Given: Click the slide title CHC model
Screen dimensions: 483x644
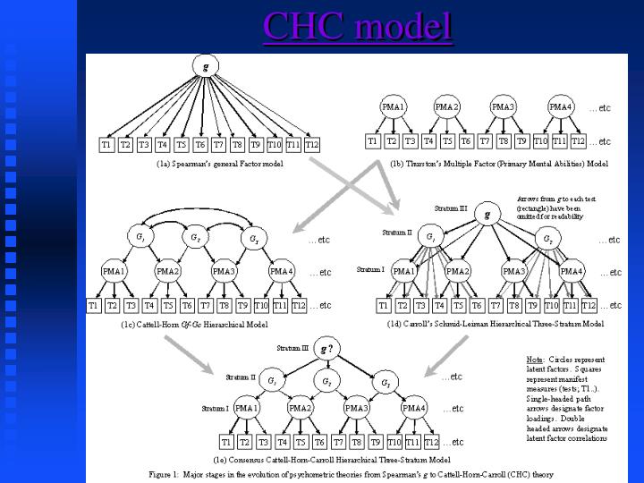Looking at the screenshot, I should click(x=358, y=27).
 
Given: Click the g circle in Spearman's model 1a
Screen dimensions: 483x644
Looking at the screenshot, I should click(x=207, y=67).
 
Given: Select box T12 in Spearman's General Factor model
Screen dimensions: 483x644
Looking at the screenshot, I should click(x=311, y=144).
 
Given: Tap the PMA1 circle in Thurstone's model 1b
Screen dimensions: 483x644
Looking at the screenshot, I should click(x=394, y=107).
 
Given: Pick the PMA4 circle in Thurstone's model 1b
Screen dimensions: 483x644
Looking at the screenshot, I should click(x=561, y=107).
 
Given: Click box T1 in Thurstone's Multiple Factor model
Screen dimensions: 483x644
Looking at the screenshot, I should click(x=373, y=140).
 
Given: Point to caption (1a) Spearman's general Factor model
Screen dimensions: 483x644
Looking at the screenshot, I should click(x=208, y=164).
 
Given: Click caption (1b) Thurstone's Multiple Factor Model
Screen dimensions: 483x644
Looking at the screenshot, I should click(x=499, y=164).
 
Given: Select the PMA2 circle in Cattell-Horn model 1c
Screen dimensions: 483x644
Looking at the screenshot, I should click(x=167, y=271).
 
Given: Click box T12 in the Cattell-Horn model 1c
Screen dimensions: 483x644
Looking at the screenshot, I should click(x=299, y=305).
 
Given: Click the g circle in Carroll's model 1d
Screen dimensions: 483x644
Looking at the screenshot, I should click(x=487, y=215).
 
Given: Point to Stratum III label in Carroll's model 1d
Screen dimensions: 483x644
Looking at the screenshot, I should click(x=451, y=208).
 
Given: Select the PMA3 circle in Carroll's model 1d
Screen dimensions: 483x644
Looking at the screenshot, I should click(x=514, y=271).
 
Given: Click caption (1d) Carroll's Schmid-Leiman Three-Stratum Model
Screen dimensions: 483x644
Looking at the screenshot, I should click(x=494, y=324).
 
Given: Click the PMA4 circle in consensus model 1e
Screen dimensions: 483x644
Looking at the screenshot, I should click(x=413, y=408).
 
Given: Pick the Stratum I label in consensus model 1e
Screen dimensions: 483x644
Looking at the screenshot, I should click(x=216, y=408).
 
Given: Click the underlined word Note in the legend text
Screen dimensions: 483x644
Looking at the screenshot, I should click(x=534, y=360).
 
